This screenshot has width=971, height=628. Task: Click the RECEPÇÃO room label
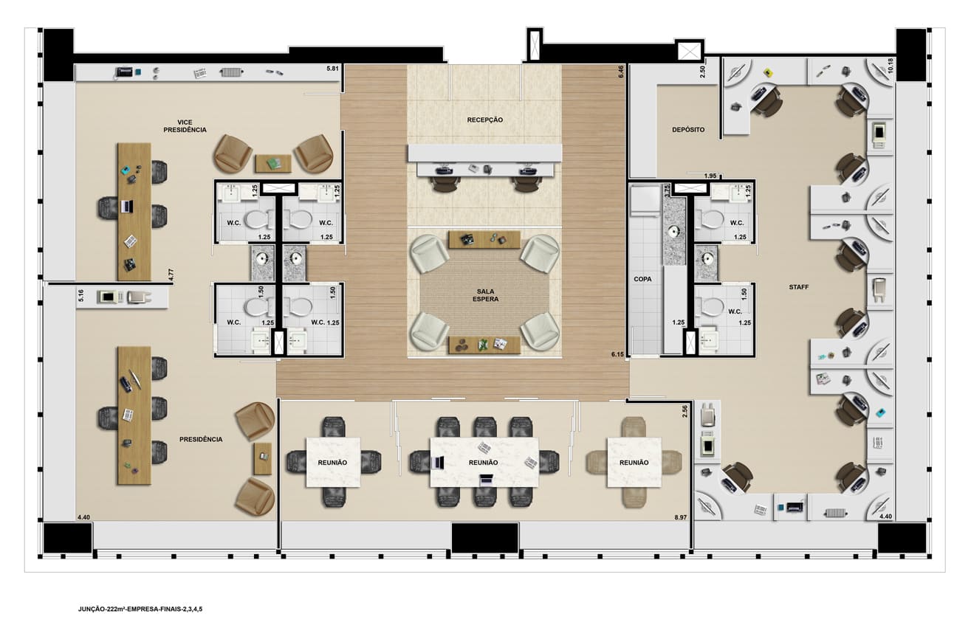(x=484, y=120)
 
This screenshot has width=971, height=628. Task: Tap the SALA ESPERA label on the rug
(x=485, y=295)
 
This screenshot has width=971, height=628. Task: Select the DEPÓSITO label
(x=688, y=130)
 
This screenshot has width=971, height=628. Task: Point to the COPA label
(x=642, y=280)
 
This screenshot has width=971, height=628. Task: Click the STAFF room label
(x=798, y=287)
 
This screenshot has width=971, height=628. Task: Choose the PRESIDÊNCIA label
(x=201, y=440)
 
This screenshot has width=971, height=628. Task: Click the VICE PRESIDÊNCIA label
(x=185, y=126)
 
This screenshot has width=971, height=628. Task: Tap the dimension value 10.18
(x=891, y=66)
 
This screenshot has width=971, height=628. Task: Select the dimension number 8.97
(x=681, y=517)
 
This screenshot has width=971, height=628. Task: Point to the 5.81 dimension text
(x=332, y=69)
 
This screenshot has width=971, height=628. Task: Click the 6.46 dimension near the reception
(x=621, y=72)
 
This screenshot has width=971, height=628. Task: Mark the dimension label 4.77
(x=171, y=275)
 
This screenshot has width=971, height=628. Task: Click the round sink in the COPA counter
(x=673, y=232)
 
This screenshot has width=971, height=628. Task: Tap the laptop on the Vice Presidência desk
(x=126, y=207)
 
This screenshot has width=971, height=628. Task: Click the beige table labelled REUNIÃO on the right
(x=634, y=463)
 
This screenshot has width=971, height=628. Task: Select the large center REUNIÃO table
(x=484, y=463)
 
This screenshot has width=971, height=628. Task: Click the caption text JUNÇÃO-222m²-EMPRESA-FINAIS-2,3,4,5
(x=140, y=609)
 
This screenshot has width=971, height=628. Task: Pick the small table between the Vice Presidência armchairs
(x=273, y=164)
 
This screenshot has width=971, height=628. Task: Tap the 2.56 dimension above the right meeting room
(x=685, y=411)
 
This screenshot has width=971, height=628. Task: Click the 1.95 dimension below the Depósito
(x=710, y=176)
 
